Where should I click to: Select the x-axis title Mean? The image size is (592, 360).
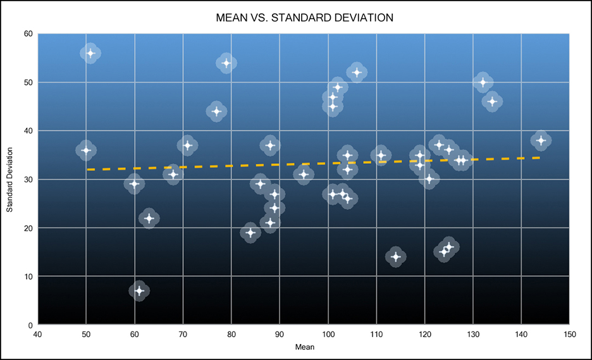pos(304,347)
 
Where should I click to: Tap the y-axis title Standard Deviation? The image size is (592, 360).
pos(10,180)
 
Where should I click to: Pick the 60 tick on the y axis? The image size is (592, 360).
pos(28,34)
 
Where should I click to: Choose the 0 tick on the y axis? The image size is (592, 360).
pos(30,325)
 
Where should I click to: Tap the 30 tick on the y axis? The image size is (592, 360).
pos(28,180)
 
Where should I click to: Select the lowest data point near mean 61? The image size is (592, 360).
pos(139,291)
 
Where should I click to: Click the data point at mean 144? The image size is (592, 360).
pos(541,140)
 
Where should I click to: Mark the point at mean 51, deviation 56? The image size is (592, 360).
pos(90,53)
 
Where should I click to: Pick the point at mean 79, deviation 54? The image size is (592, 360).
pos(226,63)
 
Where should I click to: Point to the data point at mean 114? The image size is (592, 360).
pos(396,257)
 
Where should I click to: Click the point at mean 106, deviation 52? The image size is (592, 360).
pos(357,73)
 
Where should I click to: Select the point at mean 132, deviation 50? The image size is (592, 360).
pos(483,82)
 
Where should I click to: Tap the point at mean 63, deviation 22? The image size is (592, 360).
pos(149,218)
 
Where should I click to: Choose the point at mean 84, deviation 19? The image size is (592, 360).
pos(250,233)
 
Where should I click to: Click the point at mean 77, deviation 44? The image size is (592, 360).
pos(216,111)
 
